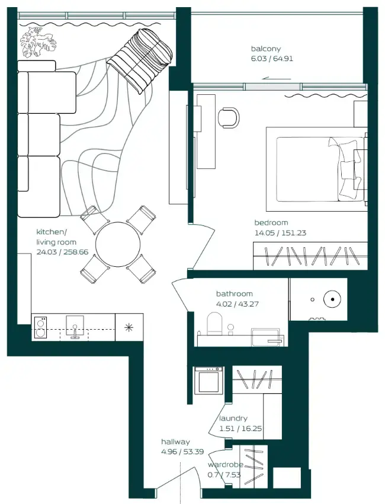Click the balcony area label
click(x=272, y=54)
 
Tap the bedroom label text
click(x=280, y=228)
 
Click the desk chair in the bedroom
click(x=228, y=117)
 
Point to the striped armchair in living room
click(x=140, y=59)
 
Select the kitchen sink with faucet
click(x=75, y=328)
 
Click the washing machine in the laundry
click(x=209, y=379)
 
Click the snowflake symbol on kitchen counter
click(x=129, y=327)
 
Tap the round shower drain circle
click(x=333, y=300)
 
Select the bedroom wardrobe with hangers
click(x=308, y=256)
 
